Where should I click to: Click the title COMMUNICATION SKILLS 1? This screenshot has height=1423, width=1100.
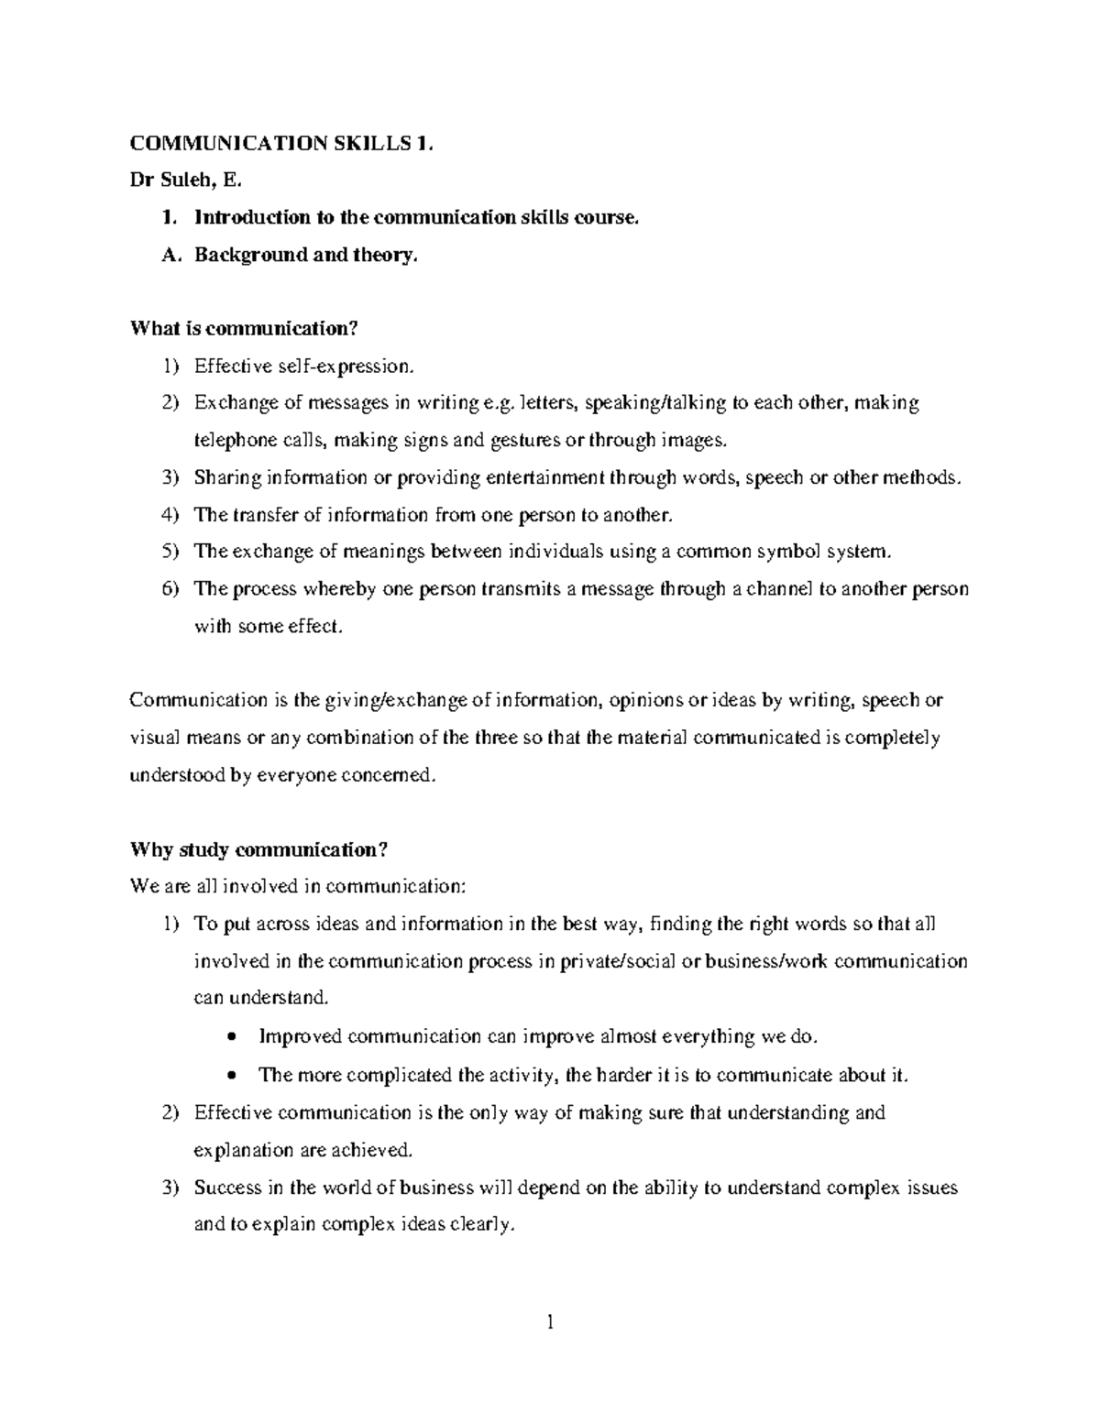click(280, 143)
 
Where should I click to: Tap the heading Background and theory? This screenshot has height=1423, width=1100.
click(305, 256)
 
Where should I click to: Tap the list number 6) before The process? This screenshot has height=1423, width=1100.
click(170, 589)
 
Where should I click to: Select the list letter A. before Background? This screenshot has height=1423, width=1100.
click(170, 256)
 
